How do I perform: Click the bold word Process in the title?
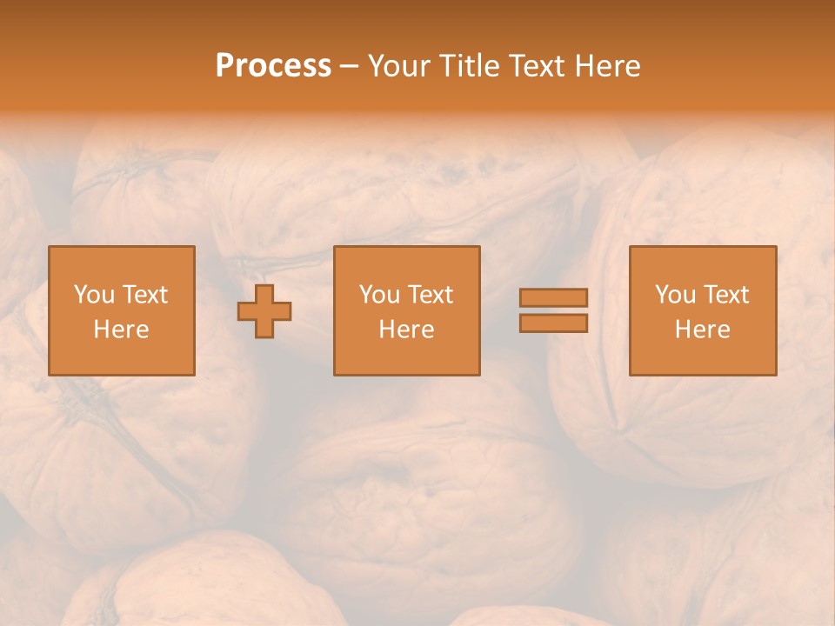coord(273,66)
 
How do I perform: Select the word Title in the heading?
coord(470,66)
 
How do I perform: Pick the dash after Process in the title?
coord(350,67)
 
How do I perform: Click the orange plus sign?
coord(264,311)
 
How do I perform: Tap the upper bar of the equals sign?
coord(553,298)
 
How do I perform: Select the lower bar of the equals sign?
coord(553,323)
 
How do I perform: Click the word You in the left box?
coord(94,295)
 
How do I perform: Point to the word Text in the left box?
coord(144,295)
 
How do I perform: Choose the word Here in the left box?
coord(121,330)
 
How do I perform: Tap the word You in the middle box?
coord(379,295)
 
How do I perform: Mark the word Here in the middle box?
coord(406,330)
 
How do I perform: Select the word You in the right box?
coord(675,295)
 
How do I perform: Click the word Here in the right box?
coord(702,330)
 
